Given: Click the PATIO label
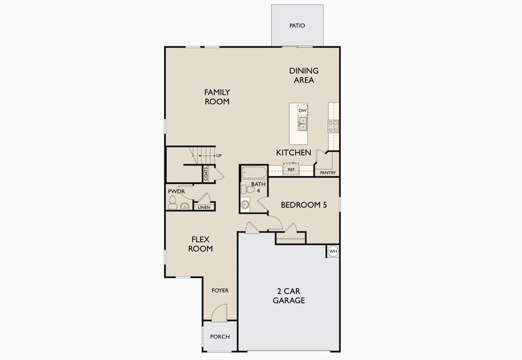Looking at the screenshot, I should point(297,26).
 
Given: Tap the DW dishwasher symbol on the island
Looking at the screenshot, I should point(303,111).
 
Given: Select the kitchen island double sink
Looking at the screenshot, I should point(303,124).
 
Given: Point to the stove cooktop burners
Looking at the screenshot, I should point(332,125).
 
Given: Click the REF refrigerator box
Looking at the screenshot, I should point(291,170).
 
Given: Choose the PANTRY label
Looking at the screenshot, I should point(328,173).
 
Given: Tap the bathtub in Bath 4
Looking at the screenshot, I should point(253,173).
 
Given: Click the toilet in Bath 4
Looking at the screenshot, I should point(245,189).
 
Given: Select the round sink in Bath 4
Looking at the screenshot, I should point(245,205).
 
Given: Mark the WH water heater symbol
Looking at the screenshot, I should point(333,251).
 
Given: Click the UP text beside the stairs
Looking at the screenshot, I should point(218,155).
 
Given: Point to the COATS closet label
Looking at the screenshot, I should point(206,174).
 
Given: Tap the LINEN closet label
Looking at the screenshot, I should point(204,207).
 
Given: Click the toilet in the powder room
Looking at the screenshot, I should point(173,206).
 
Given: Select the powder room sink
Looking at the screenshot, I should point(184,206).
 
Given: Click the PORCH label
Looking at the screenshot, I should point(220,337).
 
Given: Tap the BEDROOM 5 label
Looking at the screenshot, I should point(304,205).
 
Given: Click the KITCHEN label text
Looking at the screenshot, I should point(293,153).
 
